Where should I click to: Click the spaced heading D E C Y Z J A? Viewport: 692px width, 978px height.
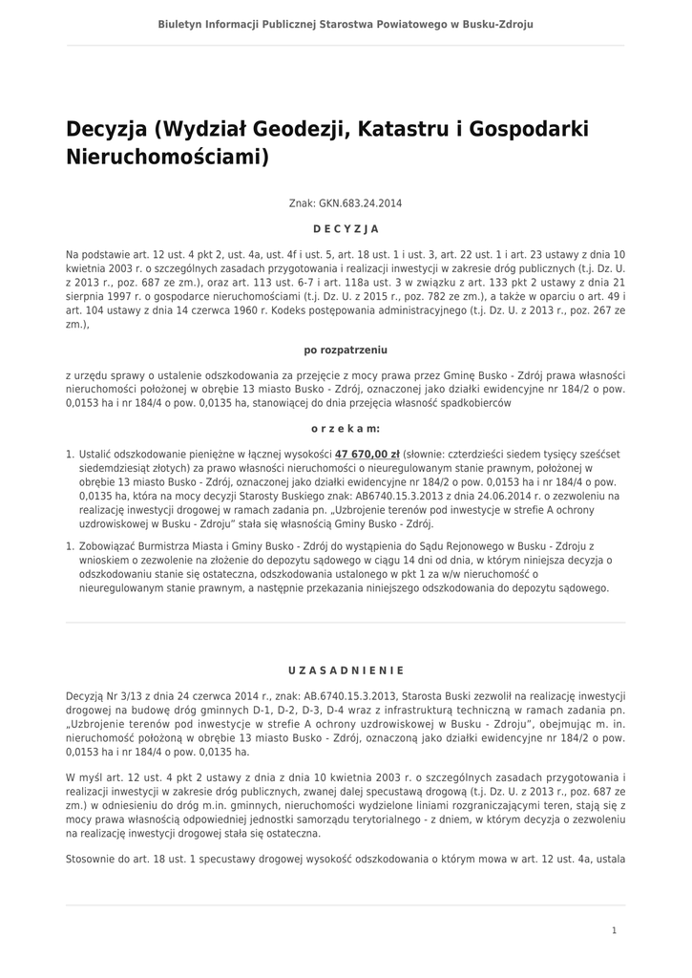pyautogui.click(x=346, y=229)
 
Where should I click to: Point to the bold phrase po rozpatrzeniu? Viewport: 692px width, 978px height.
pyautogui.click(x=346, y=351)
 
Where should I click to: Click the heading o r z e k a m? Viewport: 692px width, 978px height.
pyautogui.click(x=346, y=429)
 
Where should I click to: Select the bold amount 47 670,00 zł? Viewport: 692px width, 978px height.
pyautogui.click(x=367, y=456)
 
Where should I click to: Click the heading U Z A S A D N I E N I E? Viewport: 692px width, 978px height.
pyautogui.click(x=346, y=670)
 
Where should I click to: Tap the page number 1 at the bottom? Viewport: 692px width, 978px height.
pyautogui.click(x=614, y=930)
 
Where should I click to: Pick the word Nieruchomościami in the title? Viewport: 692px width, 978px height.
pyautogui.click(x=168, y=157)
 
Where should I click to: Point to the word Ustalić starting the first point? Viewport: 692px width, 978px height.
pyautogui.click(x=97, y=456)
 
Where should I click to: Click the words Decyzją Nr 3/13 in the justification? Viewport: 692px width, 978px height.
pyautogui.click(x=104, y=697)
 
